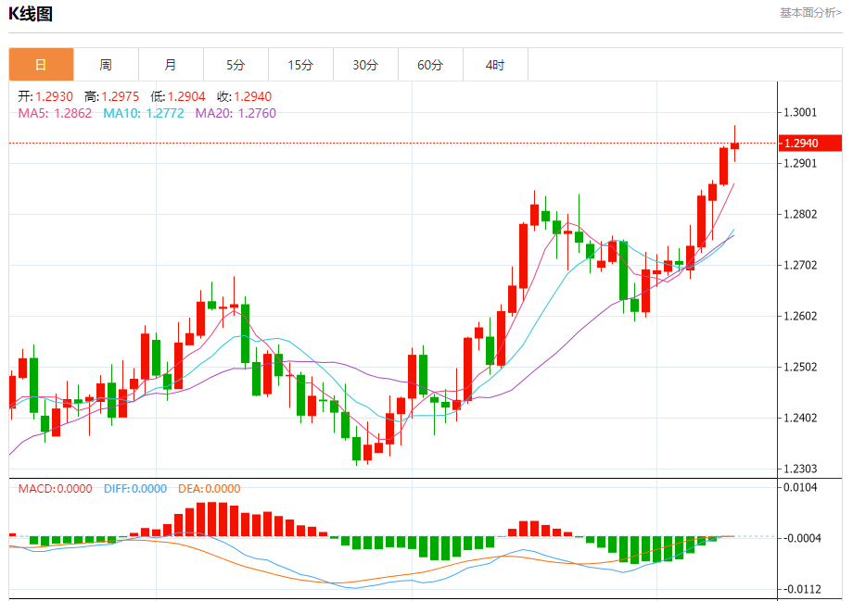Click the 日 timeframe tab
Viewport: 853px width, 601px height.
click(41, 65)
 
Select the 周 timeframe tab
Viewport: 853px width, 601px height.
click(106, 65)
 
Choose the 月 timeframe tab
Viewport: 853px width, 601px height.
click(171, 65)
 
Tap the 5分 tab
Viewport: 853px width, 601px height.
click(236, 65)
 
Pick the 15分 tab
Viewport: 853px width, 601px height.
click(300, 65)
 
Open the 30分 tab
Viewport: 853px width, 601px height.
click(365, 65)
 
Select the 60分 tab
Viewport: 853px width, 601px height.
click(430, 65)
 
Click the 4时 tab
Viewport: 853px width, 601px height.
click(495, 65)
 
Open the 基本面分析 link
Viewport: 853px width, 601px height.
click(809, 13)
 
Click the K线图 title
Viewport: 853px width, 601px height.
click(31, 14)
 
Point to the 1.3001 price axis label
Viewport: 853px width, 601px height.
click(800, 113)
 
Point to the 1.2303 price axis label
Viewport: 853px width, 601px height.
click(800, 469)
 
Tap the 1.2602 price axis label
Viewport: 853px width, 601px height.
click(800, 316)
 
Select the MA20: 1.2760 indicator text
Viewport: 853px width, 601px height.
click(236, 113)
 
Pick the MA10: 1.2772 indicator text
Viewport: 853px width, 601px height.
click(144, 113)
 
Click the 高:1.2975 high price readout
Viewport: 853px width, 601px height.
click(111, 96)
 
